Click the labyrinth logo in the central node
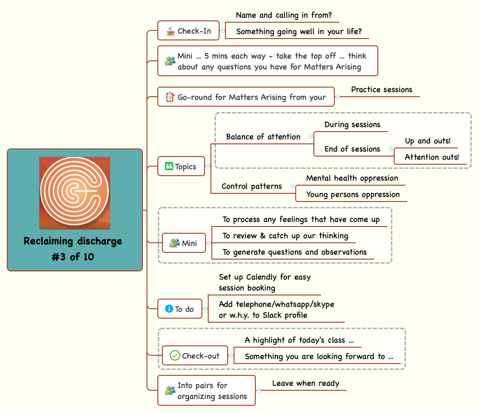point(75,193)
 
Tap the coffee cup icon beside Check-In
point(170,31)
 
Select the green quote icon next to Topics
point(169,167)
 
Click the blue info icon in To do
point(169,309)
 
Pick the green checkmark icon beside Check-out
point(175,356)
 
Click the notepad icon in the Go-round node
point(170,97)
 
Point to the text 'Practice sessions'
point(381,89)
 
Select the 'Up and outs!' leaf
point(427,141)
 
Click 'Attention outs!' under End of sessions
point(431,157)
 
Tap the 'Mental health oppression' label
point(352,178)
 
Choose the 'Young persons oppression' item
point(352,194)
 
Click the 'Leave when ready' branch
point(305,383)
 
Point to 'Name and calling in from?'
point(283,15)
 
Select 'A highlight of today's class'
point(299,340)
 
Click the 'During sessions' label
point(352,124)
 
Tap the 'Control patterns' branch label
point(251,186)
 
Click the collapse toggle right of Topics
point(208,167)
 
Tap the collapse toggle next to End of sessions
point(391,149)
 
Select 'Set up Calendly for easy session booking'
point(264,282)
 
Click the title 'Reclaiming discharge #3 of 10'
point(73,249)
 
